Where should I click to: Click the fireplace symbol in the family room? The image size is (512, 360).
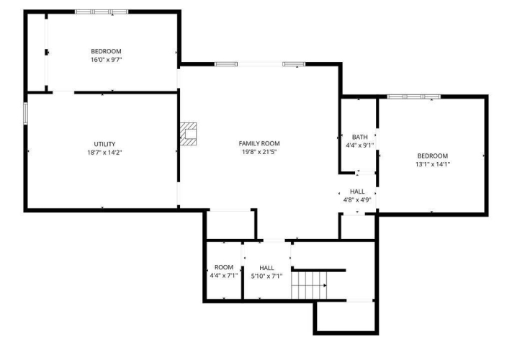pyautogui.click(x=189, y=134)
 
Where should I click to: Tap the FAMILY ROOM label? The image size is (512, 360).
pyautogui.click(x=259, y=143)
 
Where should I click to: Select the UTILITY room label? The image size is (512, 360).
pyautogui.click(x=104, y=144)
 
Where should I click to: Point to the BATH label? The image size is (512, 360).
pyautogui.click(x=359, y=137)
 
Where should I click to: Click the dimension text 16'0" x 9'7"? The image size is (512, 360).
pyautogui.click(x=106, y=60)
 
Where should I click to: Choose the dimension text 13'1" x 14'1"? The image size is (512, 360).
pyautogui.click(x=433, y=164)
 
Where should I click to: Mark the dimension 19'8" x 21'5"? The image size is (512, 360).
pyautogui.click(x=259, y=152)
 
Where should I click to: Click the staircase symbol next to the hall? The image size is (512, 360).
pyautogui.click(x=309, y=285)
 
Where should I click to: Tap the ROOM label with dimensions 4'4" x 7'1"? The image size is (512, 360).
pyautogui.click(x=224, y=267)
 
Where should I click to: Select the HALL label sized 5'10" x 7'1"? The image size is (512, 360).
pyautogui.click(x=266, y=268)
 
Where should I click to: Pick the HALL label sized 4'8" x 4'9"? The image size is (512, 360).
pyautogui.click(x=357, y=192)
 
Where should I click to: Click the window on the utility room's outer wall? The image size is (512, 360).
pyautogui.click(x=25, y=113)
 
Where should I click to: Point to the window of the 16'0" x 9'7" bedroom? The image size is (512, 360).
pyautogui.click(x=102, y=12)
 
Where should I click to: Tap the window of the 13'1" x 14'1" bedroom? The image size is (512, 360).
pyautogui.click(x=414, y=96)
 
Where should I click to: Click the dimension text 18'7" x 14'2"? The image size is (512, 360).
pyautogui.click(x=104, y=153)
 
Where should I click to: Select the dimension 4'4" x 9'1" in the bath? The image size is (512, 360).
pyautogui.click(x=359, y=145)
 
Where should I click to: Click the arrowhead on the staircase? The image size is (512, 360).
pyautogui.click(x=325, y=285)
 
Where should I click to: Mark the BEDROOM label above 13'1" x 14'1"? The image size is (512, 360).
pyautogui.click(x=433, y=156)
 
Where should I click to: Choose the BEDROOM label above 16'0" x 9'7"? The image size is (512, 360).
pyautogui.click(x=106, y=51)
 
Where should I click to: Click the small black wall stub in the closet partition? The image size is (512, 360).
pyautogui.click(x=46, y=52)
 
